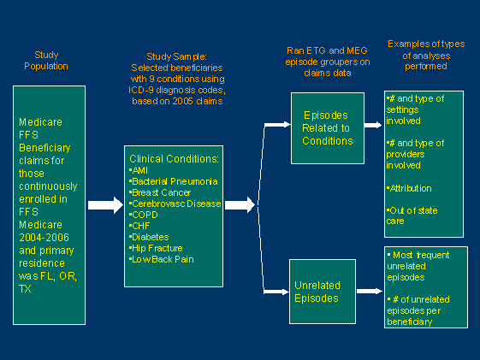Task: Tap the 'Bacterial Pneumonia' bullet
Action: pos(175,181)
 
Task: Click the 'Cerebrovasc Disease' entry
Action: pos(175,204)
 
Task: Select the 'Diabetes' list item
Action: pos(150,237)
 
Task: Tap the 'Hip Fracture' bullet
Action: pos(157,248)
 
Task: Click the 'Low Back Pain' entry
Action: pos(159,259)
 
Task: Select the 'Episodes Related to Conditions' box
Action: pos(326,128)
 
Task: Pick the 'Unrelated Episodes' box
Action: pos(326,292)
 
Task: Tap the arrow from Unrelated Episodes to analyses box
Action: pos(369,291)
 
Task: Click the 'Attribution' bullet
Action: pos(411,187)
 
